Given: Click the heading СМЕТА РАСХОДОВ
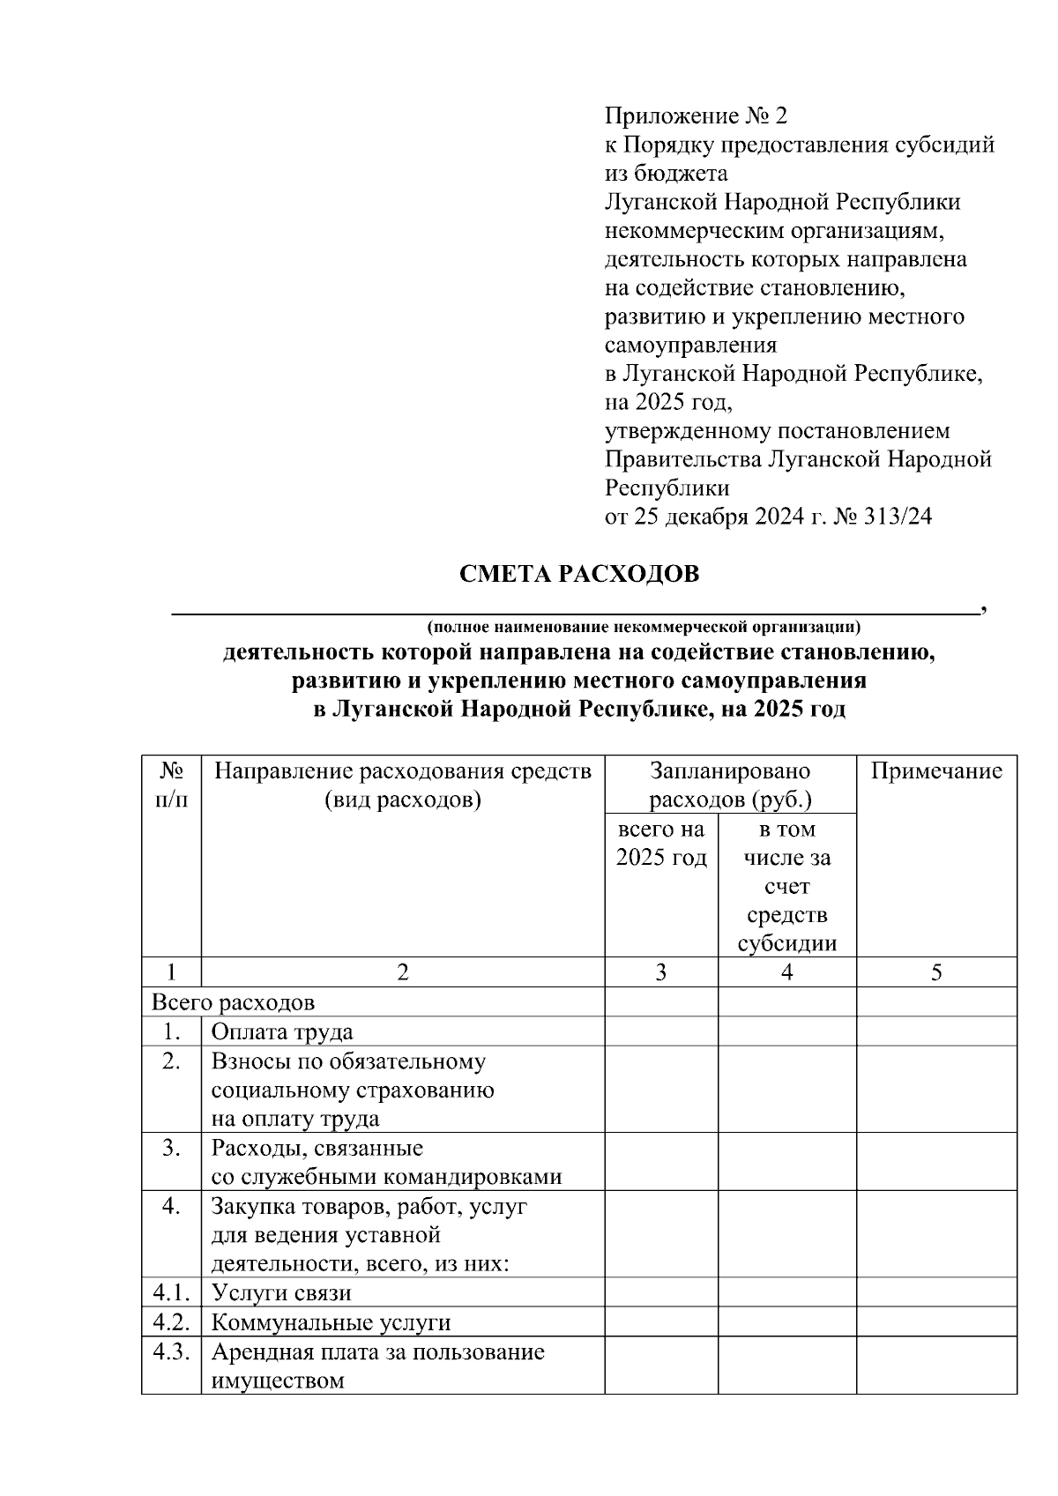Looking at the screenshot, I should [x=579, y=574].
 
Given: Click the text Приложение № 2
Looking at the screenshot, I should [x=695, y=116].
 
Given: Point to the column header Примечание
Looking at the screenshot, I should [x=936, y=771].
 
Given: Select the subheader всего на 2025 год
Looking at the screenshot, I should [x=661, y=844].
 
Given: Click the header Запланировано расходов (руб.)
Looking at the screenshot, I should [x=730, y=785].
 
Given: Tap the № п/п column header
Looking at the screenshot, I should [x=171, y=785].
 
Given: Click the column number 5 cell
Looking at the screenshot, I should [x=936, y=972].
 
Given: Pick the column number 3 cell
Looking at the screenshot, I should [x=661, y=972].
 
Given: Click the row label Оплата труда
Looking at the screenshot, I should [x=282, y=1031].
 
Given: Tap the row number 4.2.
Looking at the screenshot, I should [x=171, y=1321].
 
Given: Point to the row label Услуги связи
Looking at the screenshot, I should [x=281, y=1293].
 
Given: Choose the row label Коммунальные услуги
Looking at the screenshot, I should [x=331, y=1322].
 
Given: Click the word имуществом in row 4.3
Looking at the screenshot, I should [x=278, y=1381].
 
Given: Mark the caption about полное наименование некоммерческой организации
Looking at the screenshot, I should [x=644, y=628].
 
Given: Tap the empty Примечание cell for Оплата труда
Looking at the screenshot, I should [x=936, y=1031].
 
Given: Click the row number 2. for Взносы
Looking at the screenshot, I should [x=171, y=1061].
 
